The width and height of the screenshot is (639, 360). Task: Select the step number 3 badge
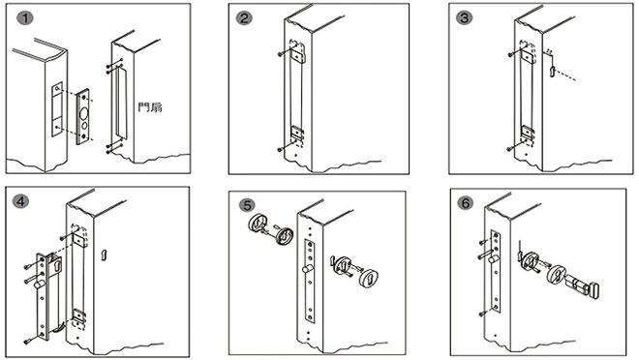click(x=466, y=18)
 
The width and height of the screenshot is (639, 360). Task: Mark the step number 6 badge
click(x=466, y=204)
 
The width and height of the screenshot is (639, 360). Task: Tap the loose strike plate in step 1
click(x=83, y=117)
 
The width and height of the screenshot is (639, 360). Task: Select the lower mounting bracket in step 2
click(x=297, y=133)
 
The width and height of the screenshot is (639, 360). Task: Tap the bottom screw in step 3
click(x=507, y=148)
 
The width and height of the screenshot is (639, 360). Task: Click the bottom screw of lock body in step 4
click(x=29, y=340)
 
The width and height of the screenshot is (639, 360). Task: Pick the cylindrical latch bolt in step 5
click(x=301, y=275)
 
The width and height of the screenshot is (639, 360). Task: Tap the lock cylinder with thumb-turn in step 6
click(x=584, y=289)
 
